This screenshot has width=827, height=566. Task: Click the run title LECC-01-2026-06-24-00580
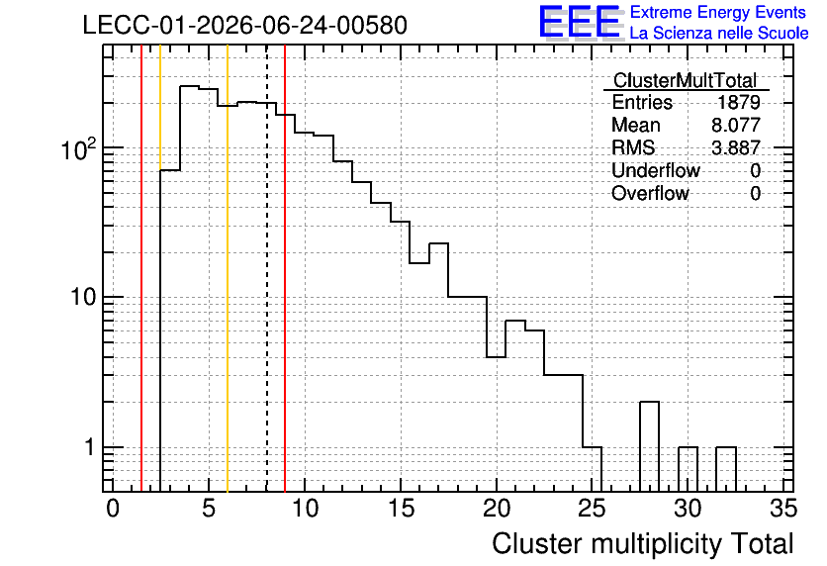point(244,25)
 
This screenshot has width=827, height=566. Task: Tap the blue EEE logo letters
point(581,22)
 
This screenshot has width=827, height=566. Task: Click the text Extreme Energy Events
point(718,12)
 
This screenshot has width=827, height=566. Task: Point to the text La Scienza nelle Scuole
point(719,33)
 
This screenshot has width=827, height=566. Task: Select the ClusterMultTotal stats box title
point(686,80)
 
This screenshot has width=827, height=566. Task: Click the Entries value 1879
point(738,102)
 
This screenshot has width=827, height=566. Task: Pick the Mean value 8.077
point(736,125)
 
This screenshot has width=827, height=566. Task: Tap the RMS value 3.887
point(736,147)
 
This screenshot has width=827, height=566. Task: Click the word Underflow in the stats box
point(656,170)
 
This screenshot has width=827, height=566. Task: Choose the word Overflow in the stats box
point(650,193)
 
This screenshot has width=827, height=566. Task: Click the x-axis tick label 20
point(497,509)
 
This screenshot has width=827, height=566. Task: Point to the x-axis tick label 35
point(783,509)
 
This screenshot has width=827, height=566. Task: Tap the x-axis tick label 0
point(113,509)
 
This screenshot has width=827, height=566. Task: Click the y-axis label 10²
point(78,149)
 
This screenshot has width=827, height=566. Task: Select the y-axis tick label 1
point(89,447)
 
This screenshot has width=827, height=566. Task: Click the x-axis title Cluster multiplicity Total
point(643,543)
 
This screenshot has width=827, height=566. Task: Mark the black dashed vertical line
point(267,268)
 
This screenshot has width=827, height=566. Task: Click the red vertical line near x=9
point(285,268)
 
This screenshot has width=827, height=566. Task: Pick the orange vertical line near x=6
point(228,268)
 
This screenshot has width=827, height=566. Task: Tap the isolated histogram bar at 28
point(649,446)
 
